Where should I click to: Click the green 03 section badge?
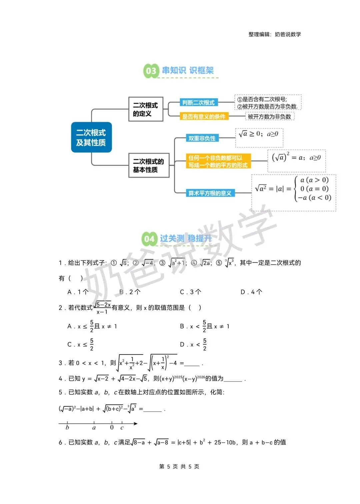click(x=151, y=71)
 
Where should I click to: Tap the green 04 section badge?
click(x=149, y=239)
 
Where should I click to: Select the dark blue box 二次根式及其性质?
click(x=91, y=137)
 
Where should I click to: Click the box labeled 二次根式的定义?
click(x=145, y=109)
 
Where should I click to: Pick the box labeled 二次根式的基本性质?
click(x=149, y=165)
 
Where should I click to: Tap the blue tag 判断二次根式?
click(x=198, y=102)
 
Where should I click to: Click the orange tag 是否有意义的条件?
click(x=204, y=116)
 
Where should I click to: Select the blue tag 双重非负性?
click(x=202, y=138)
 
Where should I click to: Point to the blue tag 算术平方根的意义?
click(x=210, y=193)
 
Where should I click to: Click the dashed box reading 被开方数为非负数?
click(x=269, y=116)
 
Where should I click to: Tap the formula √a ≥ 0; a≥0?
click(x=259, y=134)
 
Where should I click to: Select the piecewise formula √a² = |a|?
click(x=293, y=189)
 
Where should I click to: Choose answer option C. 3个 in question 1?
click(x=191, y=292)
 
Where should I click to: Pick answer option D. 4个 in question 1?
click(x=251, y=292)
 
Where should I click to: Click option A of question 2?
click(x=92, y=326)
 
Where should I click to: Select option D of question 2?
click(x=193, y=344)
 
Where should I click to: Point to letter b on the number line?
click(x=67, y=428)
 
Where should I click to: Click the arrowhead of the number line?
click(x=135, y=424)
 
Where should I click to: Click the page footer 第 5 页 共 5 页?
click(x=179, y=466)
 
